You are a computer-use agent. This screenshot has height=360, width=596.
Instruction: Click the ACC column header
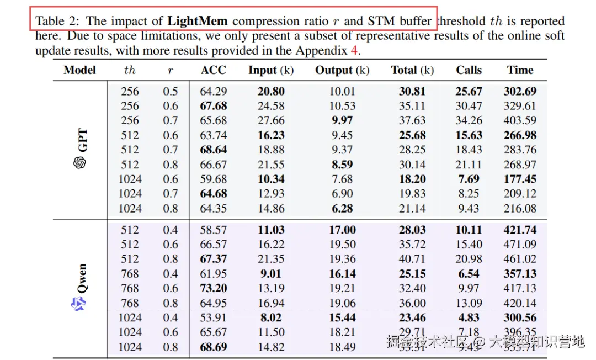coord(214,70)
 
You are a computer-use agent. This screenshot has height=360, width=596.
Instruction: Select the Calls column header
coord(469,70)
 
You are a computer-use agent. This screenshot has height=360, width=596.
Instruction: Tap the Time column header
coord(520,70)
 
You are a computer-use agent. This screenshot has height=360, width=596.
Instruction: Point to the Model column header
coord(79,70)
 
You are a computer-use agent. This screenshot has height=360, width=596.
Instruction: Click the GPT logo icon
coord(80,162)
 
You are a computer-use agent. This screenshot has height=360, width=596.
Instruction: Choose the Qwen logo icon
coord(80,303)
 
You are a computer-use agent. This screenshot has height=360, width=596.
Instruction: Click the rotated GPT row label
coord(81,140)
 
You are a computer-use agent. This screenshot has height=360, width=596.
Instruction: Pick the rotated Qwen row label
coord(81,278)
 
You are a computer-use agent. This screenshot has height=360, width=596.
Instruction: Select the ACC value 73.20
coord(214,288)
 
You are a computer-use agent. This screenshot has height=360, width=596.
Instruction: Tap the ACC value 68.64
coord(214,150)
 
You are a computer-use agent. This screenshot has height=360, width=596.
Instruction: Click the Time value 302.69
coord(520,91)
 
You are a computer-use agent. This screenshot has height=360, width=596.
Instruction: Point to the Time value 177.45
coord(520,179)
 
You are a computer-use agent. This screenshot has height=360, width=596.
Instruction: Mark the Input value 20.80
coord(270,91)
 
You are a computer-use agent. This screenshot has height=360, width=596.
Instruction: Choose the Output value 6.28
coord(342,208)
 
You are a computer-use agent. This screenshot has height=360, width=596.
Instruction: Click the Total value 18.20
coord(412,179)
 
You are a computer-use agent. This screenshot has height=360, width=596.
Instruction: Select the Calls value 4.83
coord(469,317)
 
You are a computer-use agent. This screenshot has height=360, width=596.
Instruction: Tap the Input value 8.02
coord(270,317)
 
